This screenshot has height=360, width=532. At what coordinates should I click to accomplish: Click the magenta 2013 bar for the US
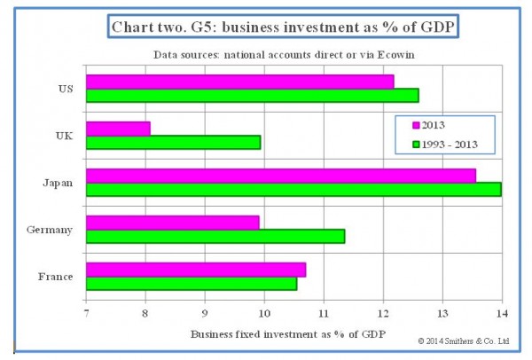(x=239, y=82)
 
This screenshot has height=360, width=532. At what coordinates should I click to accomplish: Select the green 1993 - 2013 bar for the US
(x=252, y=95)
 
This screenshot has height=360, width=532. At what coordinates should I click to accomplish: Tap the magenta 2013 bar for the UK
(x=118, y=129)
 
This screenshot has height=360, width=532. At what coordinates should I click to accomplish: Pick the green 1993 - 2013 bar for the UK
(x=173, y=142)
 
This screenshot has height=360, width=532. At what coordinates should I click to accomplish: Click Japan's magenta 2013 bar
(x=280, y=175)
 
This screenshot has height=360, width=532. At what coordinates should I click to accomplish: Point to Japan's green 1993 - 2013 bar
(x=293, y=188)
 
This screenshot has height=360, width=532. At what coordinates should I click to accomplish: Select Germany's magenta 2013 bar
(x=172, y=222)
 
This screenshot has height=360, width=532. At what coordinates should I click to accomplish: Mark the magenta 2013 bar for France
(x=195, y=270)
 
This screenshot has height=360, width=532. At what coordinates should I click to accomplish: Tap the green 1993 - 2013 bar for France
(x=191, y=283)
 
